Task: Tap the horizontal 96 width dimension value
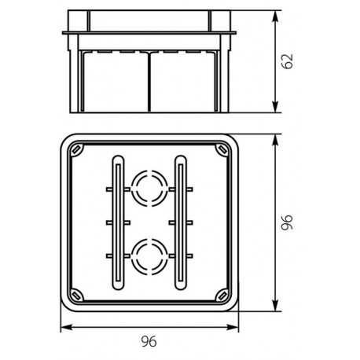(149, 340)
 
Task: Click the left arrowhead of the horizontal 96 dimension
(64, 325)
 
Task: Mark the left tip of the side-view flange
(62, 32)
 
